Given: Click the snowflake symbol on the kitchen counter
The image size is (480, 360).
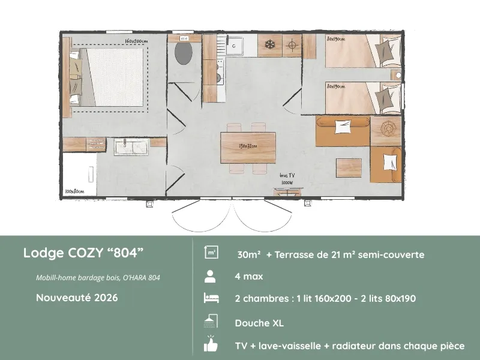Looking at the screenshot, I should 270,45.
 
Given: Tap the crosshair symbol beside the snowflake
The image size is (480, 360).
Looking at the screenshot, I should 292,45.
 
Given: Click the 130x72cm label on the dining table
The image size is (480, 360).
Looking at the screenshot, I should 248,146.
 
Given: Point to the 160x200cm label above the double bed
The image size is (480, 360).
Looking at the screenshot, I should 136,41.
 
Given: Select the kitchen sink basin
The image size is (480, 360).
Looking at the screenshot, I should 235,45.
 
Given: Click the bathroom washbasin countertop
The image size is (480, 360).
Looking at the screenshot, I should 131,145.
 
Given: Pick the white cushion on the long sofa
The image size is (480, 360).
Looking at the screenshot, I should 343,126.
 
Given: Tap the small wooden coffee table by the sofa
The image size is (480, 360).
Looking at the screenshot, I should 348,166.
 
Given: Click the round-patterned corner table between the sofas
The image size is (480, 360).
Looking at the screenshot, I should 386,131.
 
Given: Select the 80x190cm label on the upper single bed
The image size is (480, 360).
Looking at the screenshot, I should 336,39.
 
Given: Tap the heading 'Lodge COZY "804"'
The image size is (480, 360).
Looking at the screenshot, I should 83,253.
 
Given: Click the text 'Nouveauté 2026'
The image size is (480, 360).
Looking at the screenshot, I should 77,297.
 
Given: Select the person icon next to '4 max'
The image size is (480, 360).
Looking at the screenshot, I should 210,277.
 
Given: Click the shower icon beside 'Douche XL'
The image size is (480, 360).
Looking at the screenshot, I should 210,322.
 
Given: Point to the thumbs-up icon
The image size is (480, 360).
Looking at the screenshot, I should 210,344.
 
